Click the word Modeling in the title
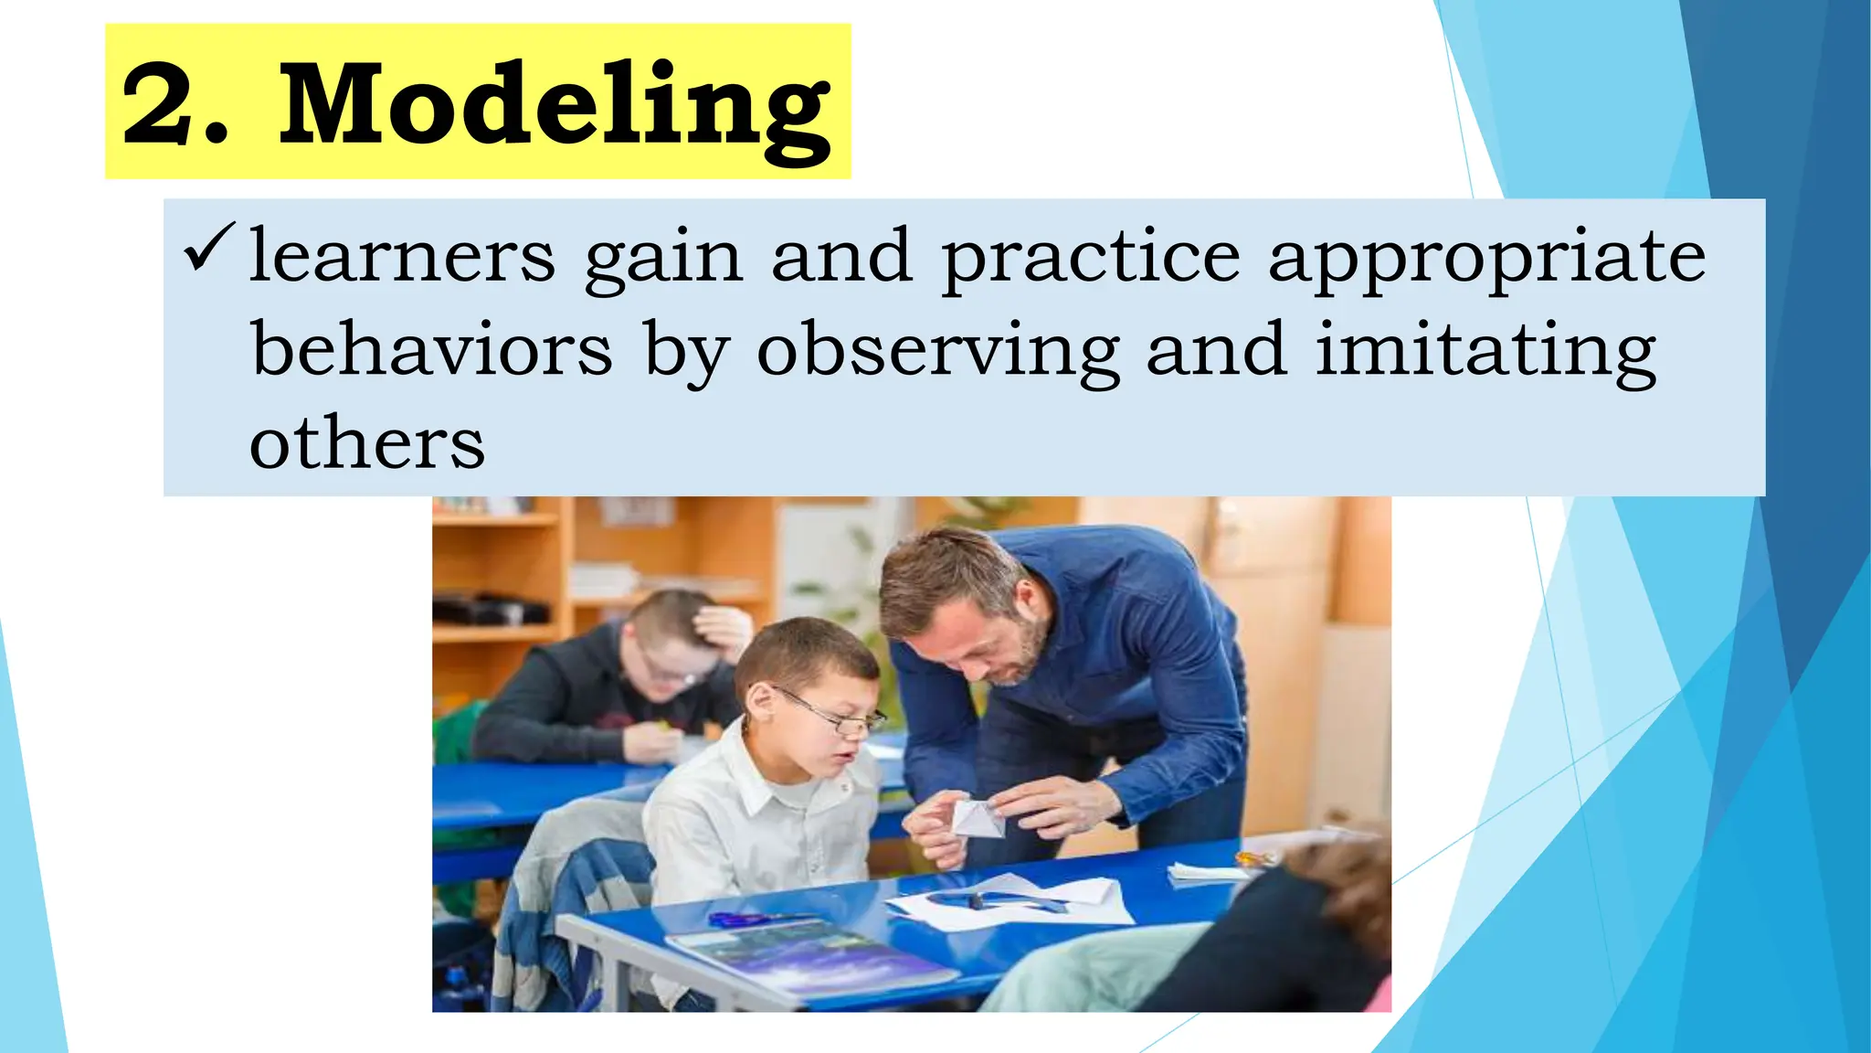tap(555, 105)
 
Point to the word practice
tap(1091, 259)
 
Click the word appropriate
tap(1486, 259)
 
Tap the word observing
tap(938, 353)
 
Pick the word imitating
tap(1485, 353)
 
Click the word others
tap(366, 444)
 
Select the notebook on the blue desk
tap(804, 960)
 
